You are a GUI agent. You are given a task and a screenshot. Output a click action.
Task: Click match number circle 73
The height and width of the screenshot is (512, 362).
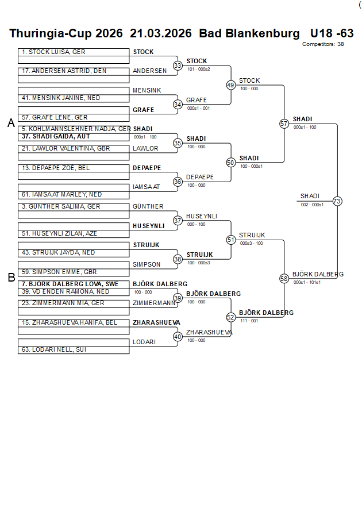(x=337, y=201)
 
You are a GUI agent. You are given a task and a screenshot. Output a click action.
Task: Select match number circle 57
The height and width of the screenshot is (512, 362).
(x=284, y=124)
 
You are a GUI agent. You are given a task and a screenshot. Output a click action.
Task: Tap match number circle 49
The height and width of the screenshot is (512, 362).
(x=231, y=85)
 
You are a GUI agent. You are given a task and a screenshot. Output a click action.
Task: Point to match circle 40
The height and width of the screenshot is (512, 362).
(x=178, y=337)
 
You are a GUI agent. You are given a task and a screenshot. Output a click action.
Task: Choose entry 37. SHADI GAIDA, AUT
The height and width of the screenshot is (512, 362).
(x=56, y=137)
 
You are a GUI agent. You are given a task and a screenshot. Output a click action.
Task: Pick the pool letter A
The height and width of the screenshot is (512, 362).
(x=10, y=123)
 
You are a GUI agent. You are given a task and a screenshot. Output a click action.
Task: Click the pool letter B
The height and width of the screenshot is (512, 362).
(x=11, y=278)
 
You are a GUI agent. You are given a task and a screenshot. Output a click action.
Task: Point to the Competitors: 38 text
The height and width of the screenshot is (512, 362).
(x=323, y=44)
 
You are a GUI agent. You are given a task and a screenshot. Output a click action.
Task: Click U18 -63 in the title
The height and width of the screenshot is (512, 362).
(x=332, y=33)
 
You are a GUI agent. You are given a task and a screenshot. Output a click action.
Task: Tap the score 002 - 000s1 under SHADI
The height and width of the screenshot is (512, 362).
(x=312, y=205)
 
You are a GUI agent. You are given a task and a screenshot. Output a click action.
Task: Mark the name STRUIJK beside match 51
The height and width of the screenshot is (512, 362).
(x=252, y=235)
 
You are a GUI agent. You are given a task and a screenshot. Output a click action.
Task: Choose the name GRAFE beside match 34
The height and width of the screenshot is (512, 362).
(x=197, y=100)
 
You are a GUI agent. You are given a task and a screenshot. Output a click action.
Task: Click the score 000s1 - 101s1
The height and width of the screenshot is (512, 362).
(x=307, y=282)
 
